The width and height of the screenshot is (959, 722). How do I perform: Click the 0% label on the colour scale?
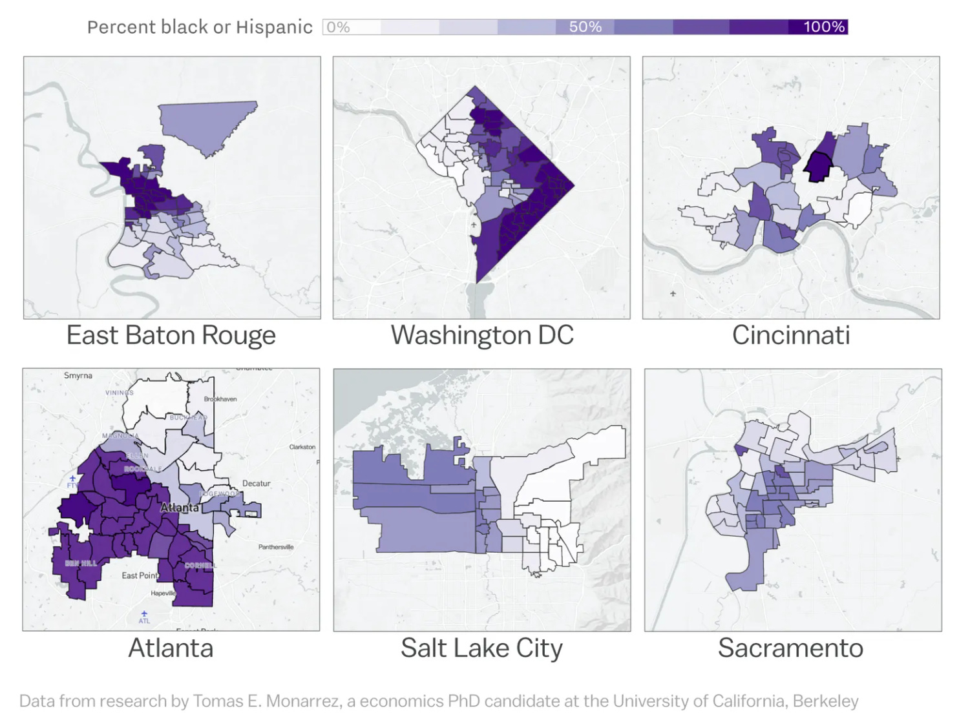[338, 27]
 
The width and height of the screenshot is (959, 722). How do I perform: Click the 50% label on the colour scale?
[585, 27]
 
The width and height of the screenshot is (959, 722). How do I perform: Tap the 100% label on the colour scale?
[824, 27]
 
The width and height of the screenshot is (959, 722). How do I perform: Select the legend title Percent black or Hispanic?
[200, 27]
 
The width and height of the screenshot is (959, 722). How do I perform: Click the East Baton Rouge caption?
[171, 335]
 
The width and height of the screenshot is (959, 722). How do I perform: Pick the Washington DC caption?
[482, 335]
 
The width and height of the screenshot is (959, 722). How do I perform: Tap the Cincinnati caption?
[791, 335]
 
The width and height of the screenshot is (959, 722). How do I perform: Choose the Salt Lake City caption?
[481, 648]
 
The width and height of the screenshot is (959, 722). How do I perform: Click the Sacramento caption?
[790, 648]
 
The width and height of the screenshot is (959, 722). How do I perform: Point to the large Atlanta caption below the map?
[171, 648]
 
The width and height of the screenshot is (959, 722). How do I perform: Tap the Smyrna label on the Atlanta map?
[78, 375]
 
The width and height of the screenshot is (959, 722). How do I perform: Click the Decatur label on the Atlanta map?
[256, 483]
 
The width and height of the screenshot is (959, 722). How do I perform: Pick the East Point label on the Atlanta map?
[140, 575]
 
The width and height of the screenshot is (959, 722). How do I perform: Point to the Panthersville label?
[276, 547]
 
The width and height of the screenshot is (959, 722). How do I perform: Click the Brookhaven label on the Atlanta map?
[220, 399]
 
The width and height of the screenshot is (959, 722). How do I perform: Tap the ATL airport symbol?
[144, 614]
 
